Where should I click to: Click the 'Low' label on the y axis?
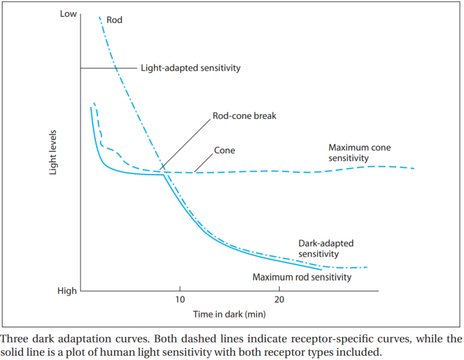[x=68, y=13]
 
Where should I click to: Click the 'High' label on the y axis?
[x=67, y=291]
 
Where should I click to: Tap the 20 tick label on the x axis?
[x=279, y=300]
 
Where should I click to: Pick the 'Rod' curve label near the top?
[x=114, y=20]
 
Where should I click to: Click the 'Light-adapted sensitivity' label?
[x=190, y=68]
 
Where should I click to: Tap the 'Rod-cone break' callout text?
[x=244, y=115]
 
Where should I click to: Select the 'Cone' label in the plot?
[x=224, y=150]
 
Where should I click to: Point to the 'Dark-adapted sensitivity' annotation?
[x=326, y=249]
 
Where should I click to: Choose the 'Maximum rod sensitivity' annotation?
[x=301, y=277]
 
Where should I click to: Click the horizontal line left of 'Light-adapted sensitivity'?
[x=108, y=68]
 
